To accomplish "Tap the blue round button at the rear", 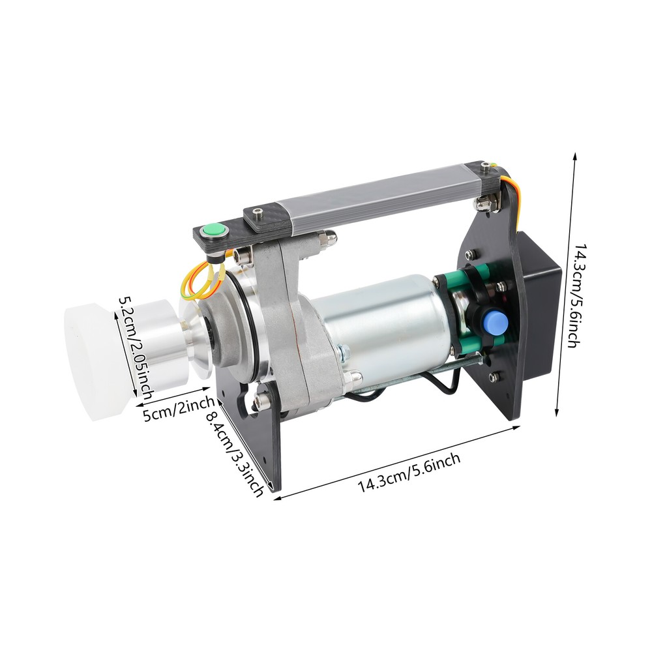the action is tap(496, 321).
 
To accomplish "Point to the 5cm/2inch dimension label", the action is tap(179, 409).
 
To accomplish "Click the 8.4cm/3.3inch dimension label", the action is tap(235, 453).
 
